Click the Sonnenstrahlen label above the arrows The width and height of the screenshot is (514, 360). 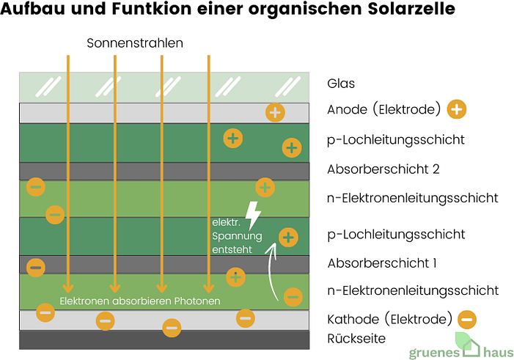coord(135,43)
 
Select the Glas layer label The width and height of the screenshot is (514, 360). coord(341,84)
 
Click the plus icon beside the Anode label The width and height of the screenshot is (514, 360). coord(456,110)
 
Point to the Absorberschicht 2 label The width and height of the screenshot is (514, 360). coord(383,169)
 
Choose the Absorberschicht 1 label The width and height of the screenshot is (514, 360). coord(381,262)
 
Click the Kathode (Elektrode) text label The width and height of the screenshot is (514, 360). coord(389,319)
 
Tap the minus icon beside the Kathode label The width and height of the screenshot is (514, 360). coord(466,319)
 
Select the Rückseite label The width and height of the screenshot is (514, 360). coord(356,338)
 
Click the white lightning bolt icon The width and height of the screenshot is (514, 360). coord(253,214)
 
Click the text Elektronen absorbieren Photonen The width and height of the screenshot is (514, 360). coord(139,301)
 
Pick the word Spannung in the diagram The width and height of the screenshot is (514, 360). coord(235,236)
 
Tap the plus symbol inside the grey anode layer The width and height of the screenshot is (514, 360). coord(275,112)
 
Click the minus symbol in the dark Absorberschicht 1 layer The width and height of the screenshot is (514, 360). coord(36,266)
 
